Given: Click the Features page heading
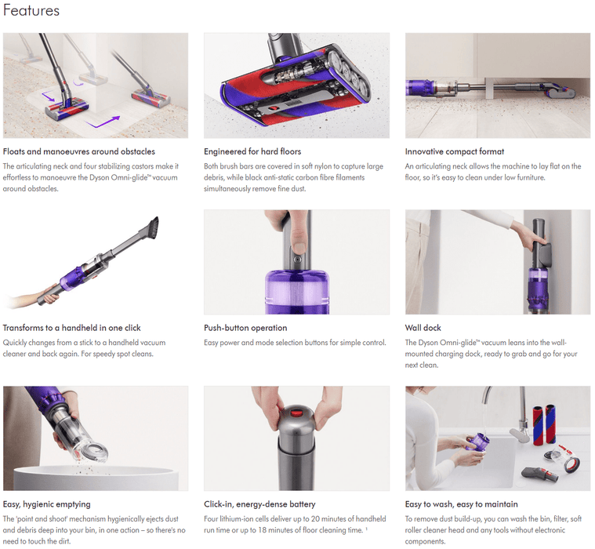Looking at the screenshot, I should pyautogui.click(x=31, y=11).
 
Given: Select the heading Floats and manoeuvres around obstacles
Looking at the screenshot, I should pyautogui.click(x=79, y=151).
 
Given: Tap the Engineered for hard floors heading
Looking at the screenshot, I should pyautogui.click(x=252, y=151).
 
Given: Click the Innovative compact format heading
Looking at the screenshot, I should pyautogui.click(x=455, y=151).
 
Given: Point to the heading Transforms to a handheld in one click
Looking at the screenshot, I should pyautogui.click(x=72, y=328).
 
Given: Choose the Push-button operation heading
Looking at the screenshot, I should pyautogui.click(x=245, y=328).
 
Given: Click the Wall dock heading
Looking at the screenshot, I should pyautogui.click(x=423, y=328).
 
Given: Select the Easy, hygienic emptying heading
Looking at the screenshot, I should pyautogui.click(x=47, y=504).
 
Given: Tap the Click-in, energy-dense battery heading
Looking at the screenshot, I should pyautogui.click(x=259, y=504).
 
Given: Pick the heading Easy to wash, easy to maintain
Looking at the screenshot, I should pyautogui.click(x=461, y=504).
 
